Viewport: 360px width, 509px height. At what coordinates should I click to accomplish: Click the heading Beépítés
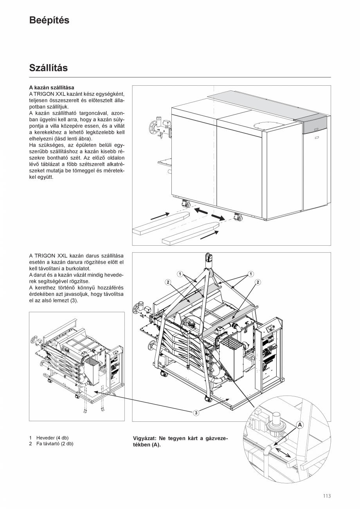pos(49,21)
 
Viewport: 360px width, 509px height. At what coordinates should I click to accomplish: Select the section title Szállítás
pos(49,68)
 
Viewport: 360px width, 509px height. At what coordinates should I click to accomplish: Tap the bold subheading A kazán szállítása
pos(52,88)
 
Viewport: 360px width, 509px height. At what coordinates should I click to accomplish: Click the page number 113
pos(327,496)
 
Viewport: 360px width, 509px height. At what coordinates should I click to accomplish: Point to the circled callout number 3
pos(196,412)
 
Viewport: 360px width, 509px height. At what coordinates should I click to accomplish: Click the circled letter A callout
pos(300,424)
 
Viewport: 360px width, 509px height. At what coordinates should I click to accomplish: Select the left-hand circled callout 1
pos(180,274)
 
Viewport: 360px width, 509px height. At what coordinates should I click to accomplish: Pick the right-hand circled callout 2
pos(258,282)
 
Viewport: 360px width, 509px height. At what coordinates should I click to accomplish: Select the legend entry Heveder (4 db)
pos(52,438)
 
